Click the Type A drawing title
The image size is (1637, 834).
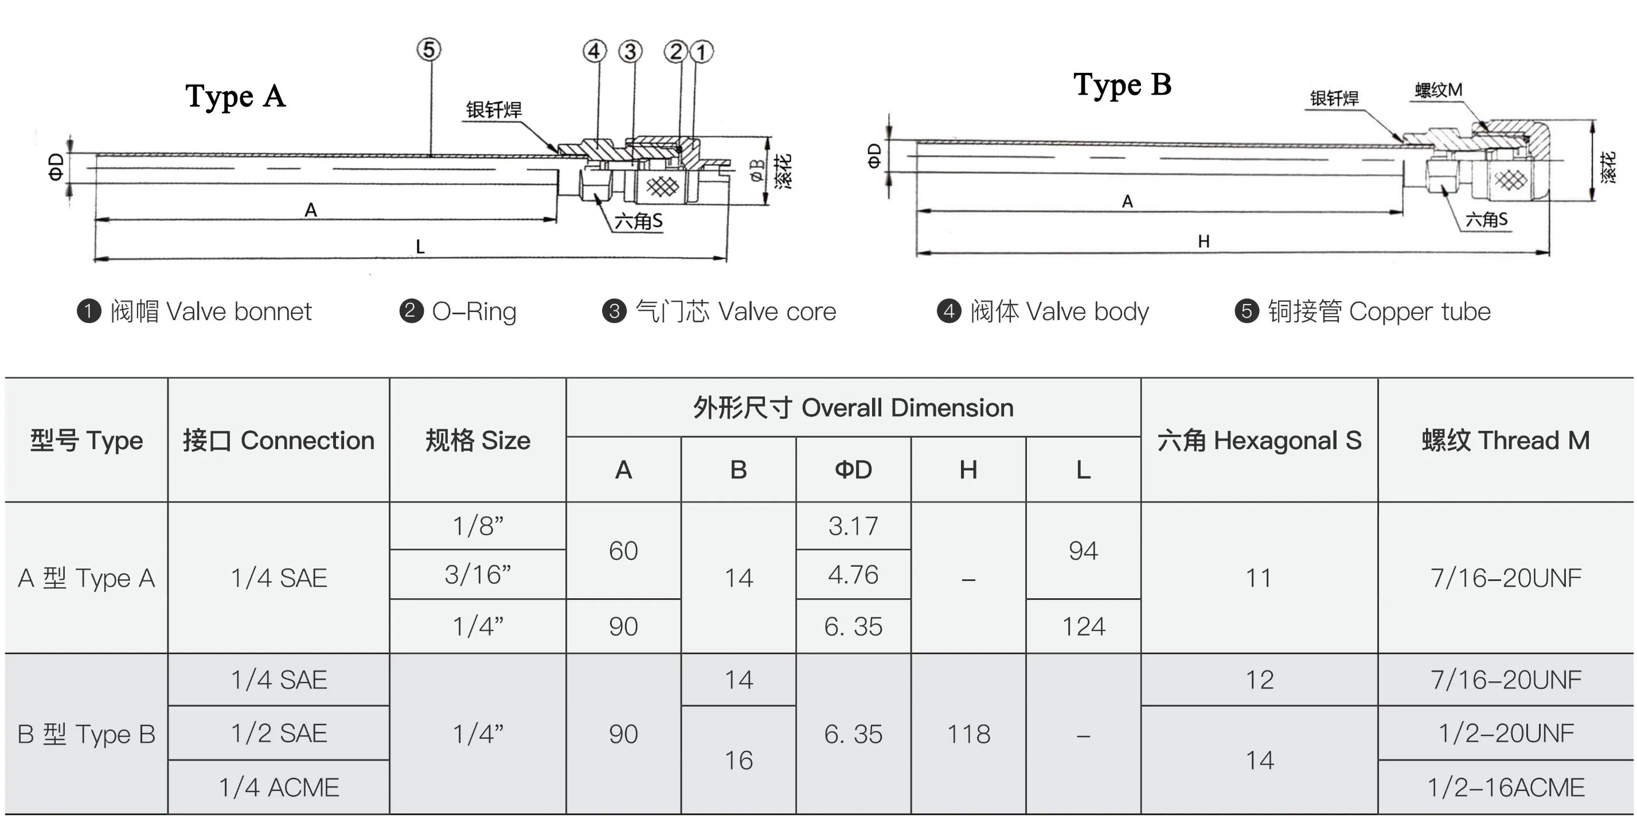click(235, 96)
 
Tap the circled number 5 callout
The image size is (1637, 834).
click(429, 49)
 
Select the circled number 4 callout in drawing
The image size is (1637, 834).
click(594, 51)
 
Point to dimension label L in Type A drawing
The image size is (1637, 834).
click(420, 247)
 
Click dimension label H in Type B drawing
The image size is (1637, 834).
click(1203, 241)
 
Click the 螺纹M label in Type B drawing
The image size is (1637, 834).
click(1438, 90)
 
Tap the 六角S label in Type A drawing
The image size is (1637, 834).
click(638, 221)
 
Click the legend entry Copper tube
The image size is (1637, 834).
click(1362, 311)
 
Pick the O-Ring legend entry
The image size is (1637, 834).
click(458, 311)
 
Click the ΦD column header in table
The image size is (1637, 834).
click(853, 470)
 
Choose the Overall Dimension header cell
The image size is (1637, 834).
click(853, 407)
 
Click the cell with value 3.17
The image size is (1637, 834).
click(853, 526)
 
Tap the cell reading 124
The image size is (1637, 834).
click(1083, 627)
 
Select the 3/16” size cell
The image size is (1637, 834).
click(477, 575)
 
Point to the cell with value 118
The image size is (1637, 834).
click(968, 734)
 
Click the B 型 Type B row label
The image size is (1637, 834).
click(87, 734)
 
